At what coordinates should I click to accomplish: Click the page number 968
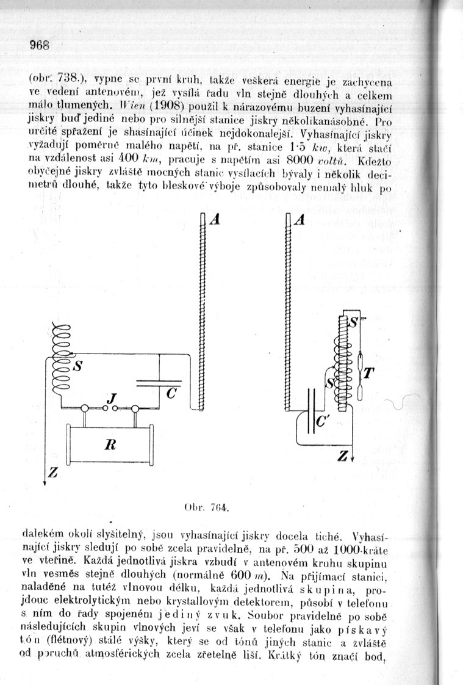click(x=38, y=45)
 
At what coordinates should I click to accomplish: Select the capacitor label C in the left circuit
click(x=171, y=394)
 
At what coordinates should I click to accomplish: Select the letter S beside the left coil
click(x=77, y=368)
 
